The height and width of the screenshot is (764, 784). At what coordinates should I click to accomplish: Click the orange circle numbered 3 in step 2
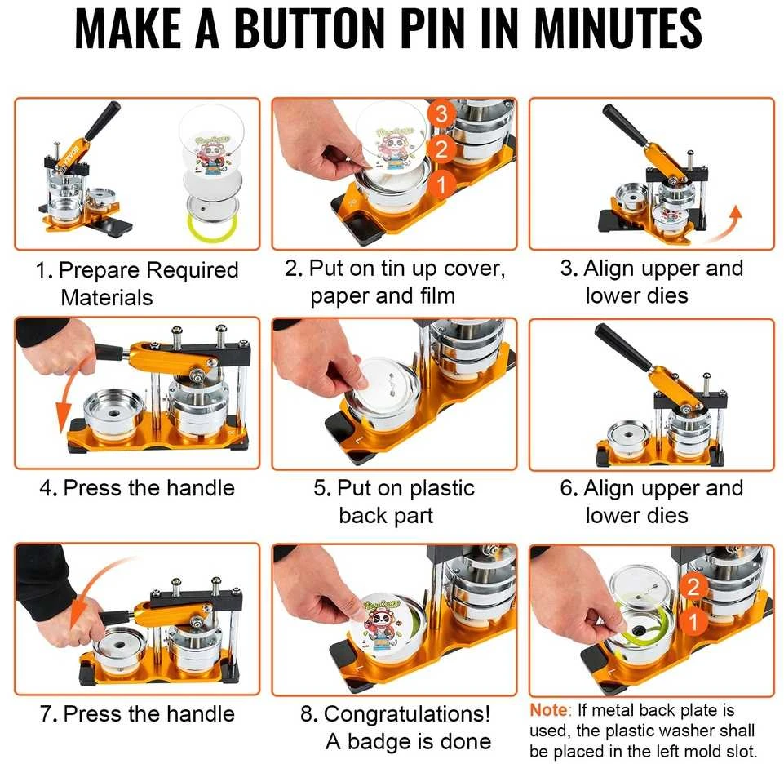(x=441, y=114)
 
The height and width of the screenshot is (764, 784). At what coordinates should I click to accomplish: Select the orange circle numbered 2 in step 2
(x=441, y=149)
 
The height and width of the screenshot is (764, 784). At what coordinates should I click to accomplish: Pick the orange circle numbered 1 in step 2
(x=441, y=184)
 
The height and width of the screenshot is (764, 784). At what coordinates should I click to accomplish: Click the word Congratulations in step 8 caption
(x=407, y=714)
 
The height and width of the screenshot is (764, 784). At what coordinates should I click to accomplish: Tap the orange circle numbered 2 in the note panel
(x=693, y=586)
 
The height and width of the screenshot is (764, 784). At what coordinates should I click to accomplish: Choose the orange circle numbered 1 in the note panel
(x=693, y=621)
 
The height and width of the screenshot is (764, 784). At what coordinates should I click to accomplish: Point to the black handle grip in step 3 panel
(x=625, y=125)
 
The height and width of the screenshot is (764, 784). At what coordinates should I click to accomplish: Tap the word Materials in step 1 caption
(x=107, y=298)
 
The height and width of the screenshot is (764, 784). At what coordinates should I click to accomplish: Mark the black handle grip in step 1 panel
(x=103, y=120)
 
